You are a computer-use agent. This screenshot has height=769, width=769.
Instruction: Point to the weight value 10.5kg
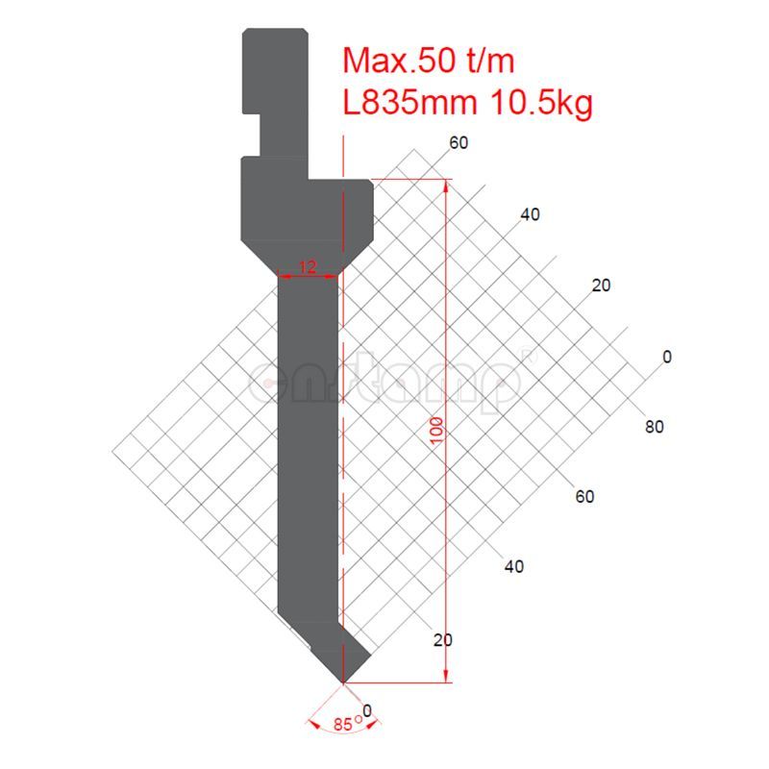pos(541,102)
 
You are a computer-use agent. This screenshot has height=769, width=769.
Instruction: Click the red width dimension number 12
pos(308,267)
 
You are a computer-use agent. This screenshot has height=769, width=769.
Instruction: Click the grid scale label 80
pos(654,427)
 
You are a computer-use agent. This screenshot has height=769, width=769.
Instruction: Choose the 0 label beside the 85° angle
pos(366,711)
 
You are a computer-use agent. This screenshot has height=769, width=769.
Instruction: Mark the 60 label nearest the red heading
pos(459,144)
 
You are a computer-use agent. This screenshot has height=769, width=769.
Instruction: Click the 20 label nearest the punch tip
pos(443,640)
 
